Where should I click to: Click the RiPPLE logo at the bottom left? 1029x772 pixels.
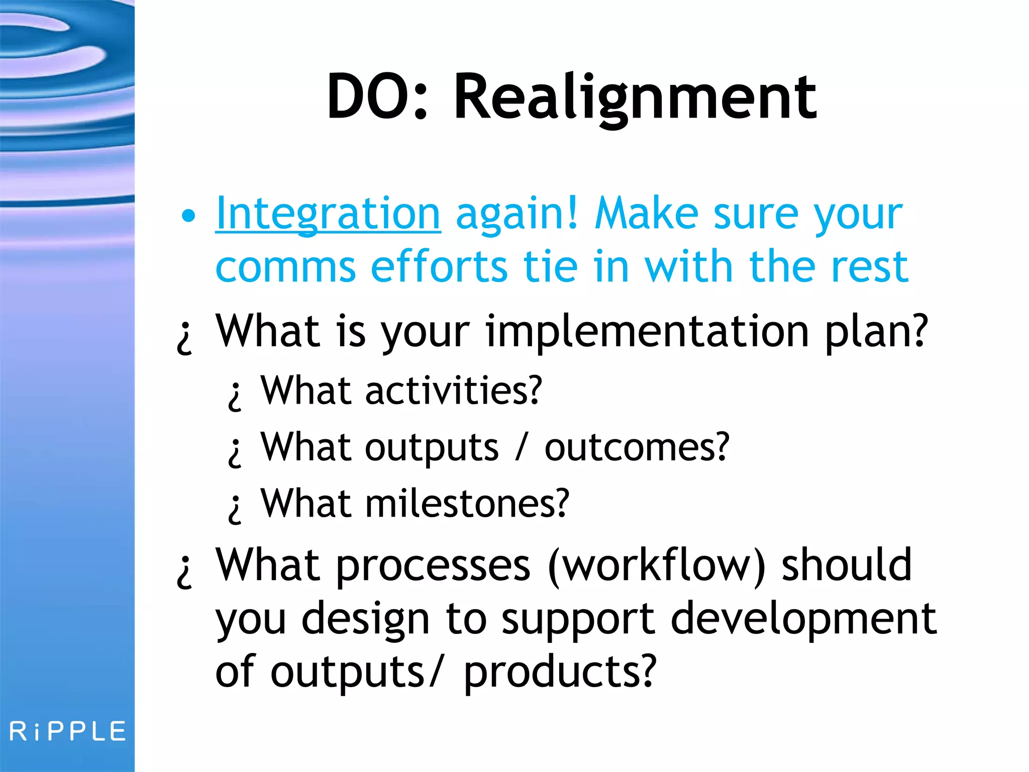(x=68, y=731)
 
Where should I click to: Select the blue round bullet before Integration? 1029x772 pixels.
(x=188, y=216)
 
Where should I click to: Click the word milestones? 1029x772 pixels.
(x=467, y=504)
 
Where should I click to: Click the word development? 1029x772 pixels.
(x=803, y=619)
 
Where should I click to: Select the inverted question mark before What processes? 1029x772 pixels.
(x=184, y=572)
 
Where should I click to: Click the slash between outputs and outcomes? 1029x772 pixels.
(x=522, y=447)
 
